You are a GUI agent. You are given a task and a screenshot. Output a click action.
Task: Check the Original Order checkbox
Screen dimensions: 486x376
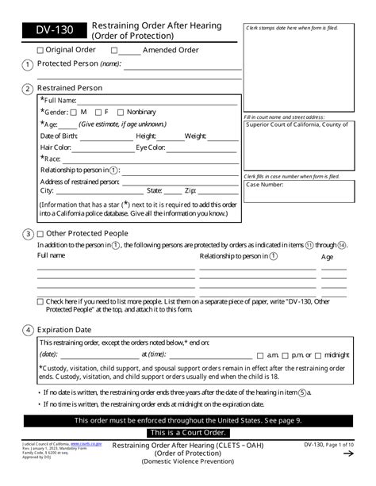(x=40, y=50)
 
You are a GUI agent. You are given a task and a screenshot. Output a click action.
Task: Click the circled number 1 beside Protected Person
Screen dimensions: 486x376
(x=29, y=64)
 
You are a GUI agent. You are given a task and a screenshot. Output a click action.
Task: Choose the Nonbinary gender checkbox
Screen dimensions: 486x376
(x=121, y=113)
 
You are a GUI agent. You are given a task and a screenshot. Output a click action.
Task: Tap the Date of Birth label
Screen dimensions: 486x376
(x=61, y=136)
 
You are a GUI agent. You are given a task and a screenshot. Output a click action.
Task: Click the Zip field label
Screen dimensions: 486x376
(x=190, y=191)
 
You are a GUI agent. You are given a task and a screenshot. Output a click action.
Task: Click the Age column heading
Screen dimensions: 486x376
(x=327, y=257)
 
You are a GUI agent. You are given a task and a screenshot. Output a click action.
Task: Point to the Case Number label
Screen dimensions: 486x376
(x=264, y=185)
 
